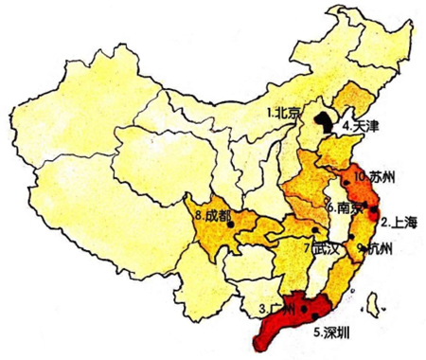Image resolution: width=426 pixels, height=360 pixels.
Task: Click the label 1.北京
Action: coord(283,113)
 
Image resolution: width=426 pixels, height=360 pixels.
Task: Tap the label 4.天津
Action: coord(361,125)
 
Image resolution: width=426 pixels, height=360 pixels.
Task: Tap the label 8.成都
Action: coord(211,216)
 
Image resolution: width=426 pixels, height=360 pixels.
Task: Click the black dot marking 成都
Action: coord(231,225)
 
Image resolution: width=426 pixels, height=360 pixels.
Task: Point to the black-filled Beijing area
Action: coord(325,120)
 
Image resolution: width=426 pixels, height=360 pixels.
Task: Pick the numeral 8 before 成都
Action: coord(196,216)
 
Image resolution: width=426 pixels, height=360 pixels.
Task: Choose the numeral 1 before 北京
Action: coord(269,113)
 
